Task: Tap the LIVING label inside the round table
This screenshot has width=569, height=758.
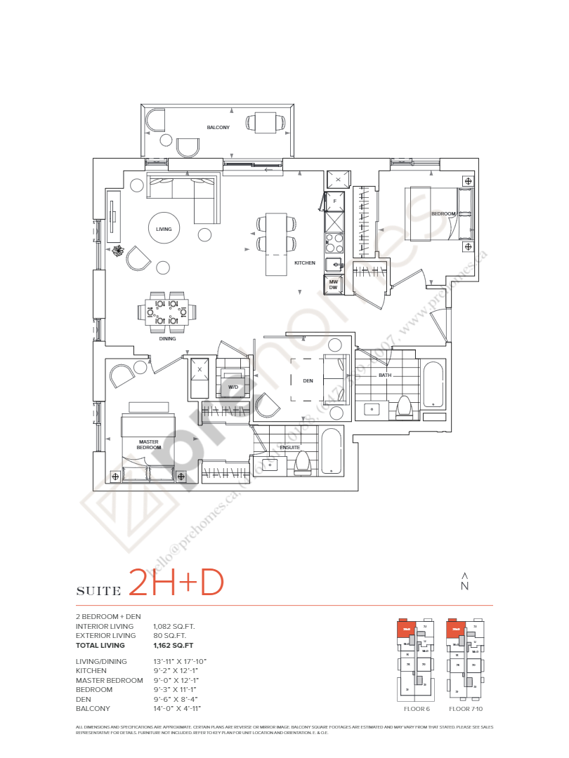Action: [164, 229]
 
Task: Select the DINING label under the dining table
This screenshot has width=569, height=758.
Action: [167, 338]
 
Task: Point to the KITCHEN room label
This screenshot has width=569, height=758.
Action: [304, 262]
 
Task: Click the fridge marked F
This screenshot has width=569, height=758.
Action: [334, 201]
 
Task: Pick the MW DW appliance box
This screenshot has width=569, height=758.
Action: [334, 285]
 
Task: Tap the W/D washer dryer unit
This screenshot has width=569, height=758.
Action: [233, 387]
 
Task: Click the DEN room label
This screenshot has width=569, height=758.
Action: [308, 381]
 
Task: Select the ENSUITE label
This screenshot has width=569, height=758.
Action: [289, 446]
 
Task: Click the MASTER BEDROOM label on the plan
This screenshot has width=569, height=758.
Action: [148, 445]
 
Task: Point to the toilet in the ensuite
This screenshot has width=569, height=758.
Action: [302, 461]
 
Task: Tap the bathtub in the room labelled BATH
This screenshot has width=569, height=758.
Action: [433, 384]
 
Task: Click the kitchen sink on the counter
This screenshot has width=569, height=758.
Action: [333, 263]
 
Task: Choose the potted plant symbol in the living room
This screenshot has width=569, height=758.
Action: [119, 251]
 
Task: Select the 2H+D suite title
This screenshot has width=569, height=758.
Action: [176, 583]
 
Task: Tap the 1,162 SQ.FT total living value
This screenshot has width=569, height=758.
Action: [174, 645]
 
